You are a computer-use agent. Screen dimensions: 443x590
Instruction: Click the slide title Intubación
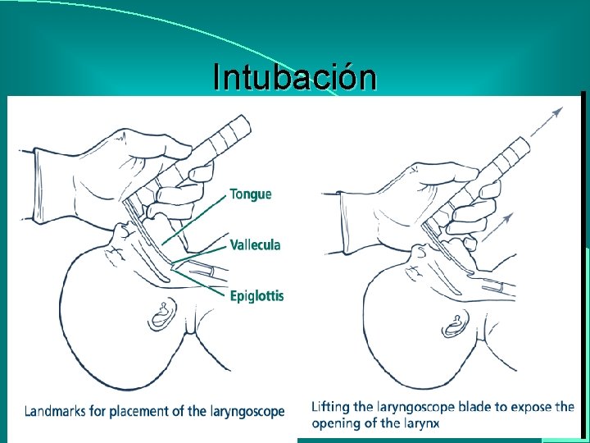click(x=294, y=77)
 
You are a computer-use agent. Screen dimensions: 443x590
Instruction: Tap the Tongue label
click(x=251, y=194)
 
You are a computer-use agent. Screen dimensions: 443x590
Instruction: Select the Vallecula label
click(x=255, y=244)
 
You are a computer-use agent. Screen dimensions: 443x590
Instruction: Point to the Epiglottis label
click(x=256, y=296)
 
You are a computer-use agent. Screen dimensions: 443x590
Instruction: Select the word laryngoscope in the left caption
click(x=244, y=411)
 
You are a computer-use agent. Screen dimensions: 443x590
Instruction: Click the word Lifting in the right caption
click(x=329, y=407)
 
